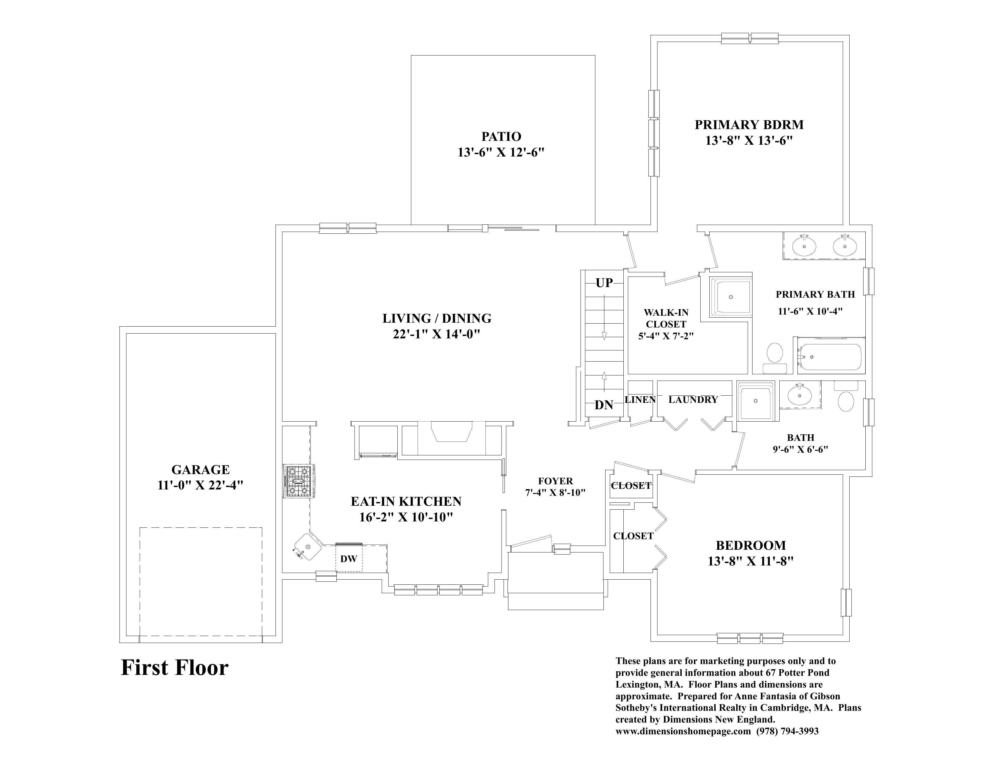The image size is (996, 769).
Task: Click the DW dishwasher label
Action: pyautogui.click(x=348, y=559)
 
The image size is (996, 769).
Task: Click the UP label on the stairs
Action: pyautogui.click(x=604, y=283)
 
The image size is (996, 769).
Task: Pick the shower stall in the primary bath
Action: pyautogui.click(x=730, y=297)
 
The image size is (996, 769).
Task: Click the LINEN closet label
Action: pyautogui.click(x=640, y=400)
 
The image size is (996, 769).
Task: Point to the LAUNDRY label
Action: pyautogui.click(x=693, y=400)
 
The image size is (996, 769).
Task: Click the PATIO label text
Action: pyautogui.click(x=501, y=136)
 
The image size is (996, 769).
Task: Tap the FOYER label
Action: pyautogui.click(x=555, y=481)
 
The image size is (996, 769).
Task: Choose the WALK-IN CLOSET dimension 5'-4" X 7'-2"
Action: pyautogui.click(x=666, y=336)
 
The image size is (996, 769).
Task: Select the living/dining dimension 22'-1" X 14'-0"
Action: pyautogui.click(x=436, y=334)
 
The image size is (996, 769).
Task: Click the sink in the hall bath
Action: pyautogui.click(x=800, y=394)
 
